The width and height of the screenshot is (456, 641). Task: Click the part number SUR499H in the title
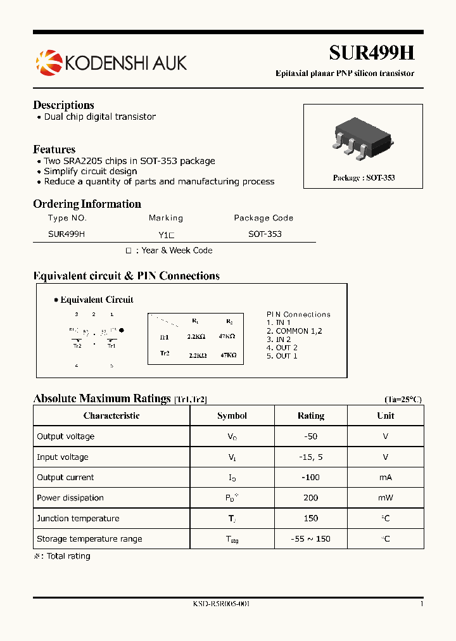click(x=371, y=53)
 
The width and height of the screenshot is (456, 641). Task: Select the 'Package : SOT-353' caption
click(x=364, y=178)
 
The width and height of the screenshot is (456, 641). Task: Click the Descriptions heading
click(x=63, y=105)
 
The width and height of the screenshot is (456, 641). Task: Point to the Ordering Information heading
click(x=87, y=204)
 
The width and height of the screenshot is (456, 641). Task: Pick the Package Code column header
click(x=263, y=218)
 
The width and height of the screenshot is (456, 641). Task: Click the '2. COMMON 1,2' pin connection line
click(x=294, y=331)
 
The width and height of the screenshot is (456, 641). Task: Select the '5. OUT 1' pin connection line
click(x=282, y=356)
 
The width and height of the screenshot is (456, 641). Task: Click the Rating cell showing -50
click(x=310, y=436)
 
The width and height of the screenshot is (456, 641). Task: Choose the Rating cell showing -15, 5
click(x=310, y=457)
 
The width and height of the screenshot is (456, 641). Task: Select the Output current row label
click(x=65, y=478)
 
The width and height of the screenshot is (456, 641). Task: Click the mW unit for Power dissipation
click(x=385, y=498)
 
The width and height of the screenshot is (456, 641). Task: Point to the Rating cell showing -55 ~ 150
click(x=310, y=539)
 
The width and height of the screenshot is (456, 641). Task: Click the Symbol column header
click(x=232, y=416)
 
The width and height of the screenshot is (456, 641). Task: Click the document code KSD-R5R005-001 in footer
click(x=221, y=604)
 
